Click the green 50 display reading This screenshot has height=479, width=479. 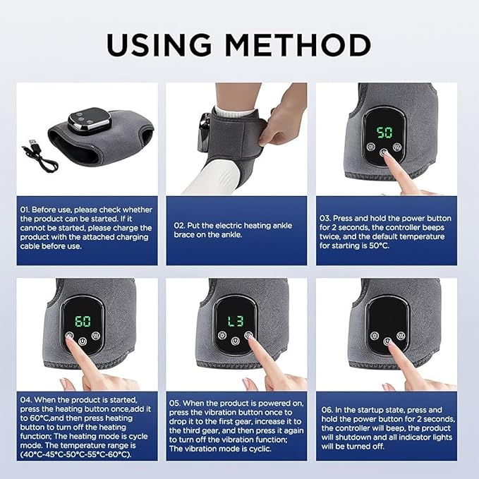tap(384, 133)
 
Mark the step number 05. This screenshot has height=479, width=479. tap(177, 403)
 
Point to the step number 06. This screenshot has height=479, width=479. tap(327, 408)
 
